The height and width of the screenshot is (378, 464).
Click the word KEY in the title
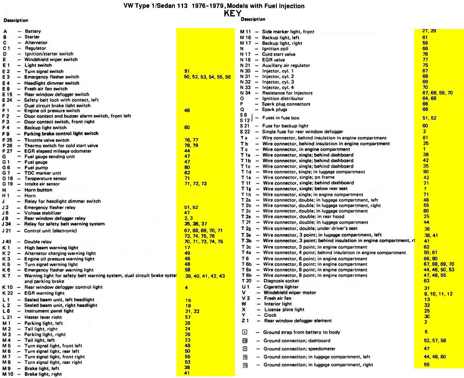(233, 14)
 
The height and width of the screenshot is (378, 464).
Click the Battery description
(33, 31)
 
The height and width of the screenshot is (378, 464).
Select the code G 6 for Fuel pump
(6, 168)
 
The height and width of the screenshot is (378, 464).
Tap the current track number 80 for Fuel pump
(187, 167)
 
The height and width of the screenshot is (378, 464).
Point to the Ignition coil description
(275, 49)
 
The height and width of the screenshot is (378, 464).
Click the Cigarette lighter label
(281, 287)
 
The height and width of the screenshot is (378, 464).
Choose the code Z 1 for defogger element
(245, 320)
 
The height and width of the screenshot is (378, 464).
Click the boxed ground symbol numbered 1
(245, 332)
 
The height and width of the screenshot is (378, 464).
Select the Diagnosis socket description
(281, 281)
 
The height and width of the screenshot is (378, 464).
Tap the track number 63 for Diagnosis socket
(426, 281)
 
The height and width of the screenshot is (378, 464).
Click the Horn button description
(38, 190)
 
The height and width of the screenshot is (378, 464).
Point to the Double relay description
(38, 242)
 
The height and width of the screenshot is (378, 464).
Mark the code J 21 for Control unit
(6, 231)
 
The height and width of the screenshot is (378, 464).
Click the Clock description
(270, 315)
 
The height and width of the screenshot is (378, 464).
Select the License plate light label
(284, 310)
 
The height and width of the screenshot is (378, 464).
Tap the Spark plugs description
(274, 109)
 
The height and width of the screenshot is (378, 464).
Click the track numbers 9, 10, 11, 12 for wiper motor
(438, 294)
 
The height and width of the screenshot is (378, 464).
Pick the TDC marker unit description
(43, 173)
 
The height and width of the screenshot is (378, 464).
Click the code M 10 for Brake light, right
(8, 374)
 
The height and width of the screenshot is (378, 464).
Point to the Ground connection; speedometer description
(299, 349)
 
